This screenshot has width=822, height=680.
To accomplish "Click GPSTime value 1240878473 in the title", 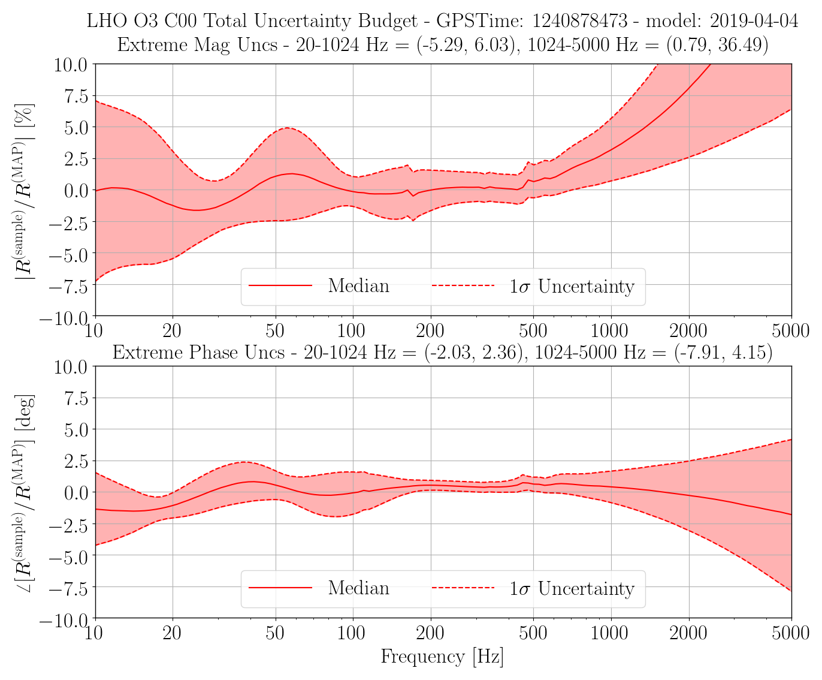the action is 579,20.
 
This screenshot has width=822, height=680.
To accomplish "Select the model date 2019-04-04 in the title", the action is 754,20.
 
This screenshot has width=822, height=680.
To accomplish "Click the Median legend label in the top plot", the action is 359,285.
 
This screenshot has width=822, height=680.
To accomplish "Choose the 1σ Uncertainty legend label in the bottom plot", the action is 572,588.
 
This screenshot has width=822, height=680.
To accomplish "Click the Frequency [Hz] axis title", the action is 442,657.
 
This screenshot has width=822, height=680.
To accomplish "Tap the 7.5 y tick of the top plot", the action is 76,96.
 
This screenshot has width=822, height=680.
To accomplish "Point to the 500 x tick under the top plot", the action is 533,331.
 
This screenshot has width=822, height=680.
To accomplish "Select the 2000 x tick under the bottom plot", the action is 688,633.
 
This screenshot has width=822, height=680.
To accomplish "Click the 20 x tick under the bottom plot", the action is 172,633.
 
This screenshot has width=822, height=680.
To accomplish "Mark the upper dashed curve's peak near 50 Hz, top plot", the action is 288,128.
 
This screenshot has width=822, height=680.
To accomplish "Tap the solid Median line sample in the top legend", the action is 280,285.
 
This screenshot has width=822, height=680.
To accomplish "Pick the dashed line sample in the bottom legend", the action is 463,588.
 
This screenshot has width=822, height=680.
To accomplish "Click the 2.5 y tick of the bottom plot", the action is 76,461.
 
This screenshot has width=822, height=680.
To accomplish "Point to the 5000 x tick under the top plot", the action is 790,331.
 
